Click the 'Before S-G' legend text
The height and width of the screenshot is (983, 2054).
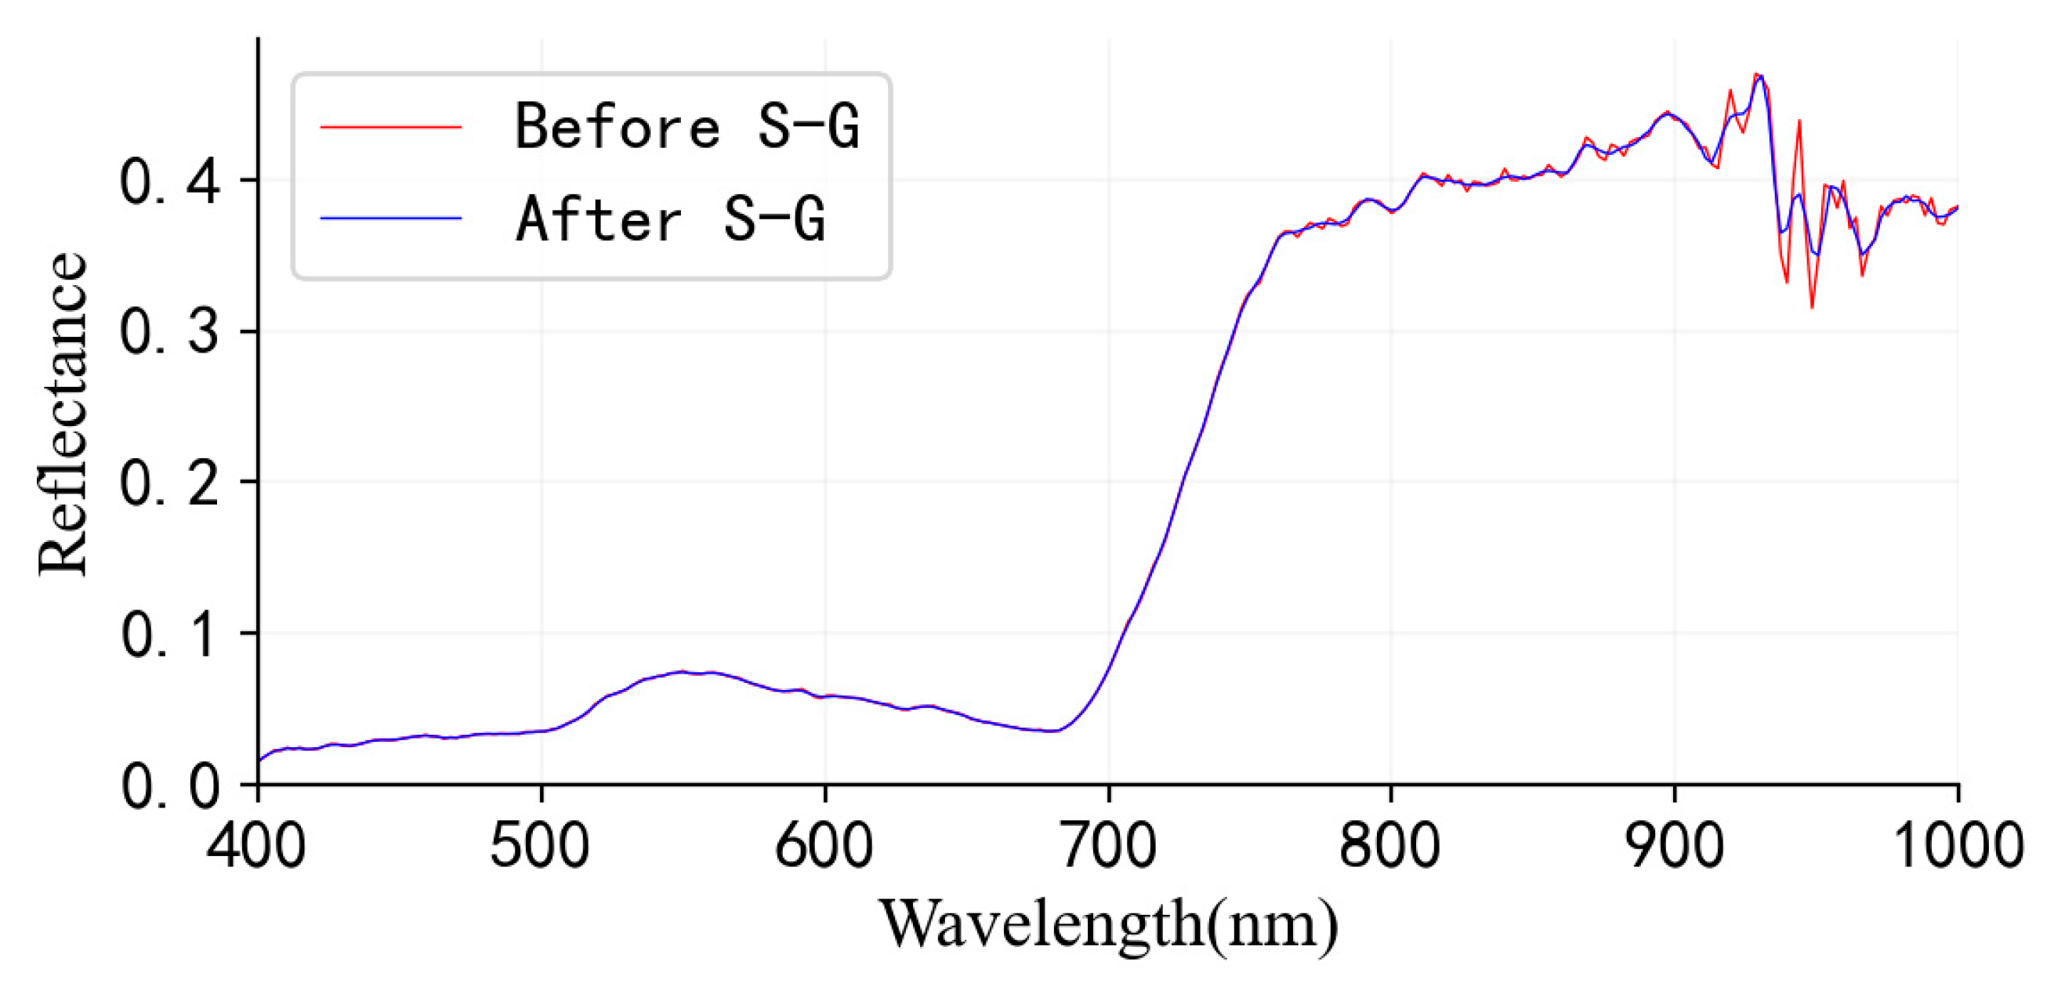point(686,127)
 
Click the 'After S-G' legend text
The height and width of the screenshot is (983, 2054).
point(670,219)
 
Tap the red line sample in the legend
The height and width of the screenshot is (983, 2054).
point(391,127)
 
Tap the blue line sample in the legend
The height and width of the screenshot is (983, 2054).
point(391,218)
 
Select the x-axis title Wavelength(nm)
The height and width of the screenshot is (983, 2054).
point(1108,925)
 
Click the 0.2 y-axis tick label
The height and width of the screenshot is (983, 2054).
point(169,482)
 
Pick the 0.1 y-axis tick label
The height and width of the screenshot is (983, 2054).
point(169,634)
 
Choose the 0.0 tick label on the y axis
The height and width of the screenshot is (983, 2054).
point(169,786)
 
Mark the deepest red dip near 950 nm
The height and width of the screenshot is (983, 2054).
point(1813,307)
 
